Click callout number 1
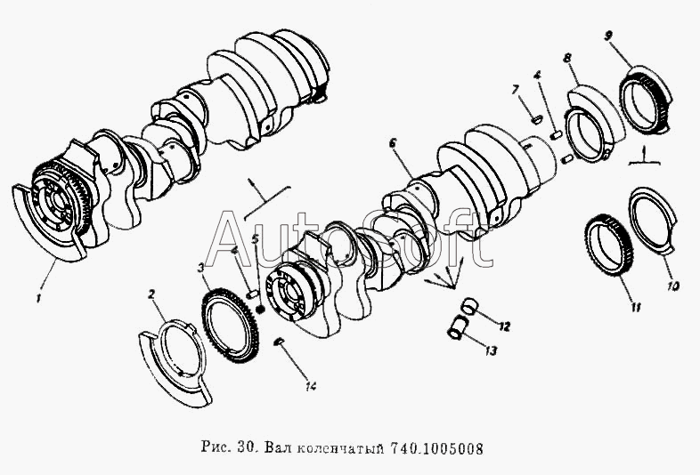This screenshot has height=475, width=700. click(x=39, y=297)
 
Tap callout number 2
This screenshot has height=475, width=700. click(x=151, y=294)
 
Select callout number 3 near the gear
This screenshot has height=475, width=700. click(x=201, y=268)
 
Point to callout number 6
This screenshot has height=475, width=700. click(x=393, y=143)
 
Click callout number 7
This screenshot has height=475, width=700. click(x=516, y=90)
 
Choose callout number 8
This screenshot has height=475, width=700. click(x=567, y=59)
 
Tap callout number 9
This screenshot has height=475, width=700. click(x=608, y=36)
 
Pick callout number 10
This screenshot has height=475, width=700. click(x=673, y=286)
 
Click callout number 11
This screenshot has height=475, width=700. click(x=636, y=307)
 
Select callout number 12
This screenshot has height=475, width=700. click(x=504, y=327)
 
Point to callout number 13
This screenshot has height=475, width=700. click(x=490, y=351)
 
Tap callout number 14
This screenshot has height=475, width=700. click(x=311, y=386)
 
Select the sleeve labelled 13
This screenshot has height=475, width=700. click(x=457, y=327)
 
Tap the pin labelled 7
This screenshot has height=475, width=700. click(x=537, y=119)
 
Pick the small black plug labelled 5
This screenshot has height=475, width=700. click(x=261, y=308)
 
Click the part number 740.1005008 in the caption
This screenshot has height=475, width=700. click(x=436, y=447)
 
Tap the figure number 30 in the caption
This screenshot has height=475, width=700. click(x=246, y=447)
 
